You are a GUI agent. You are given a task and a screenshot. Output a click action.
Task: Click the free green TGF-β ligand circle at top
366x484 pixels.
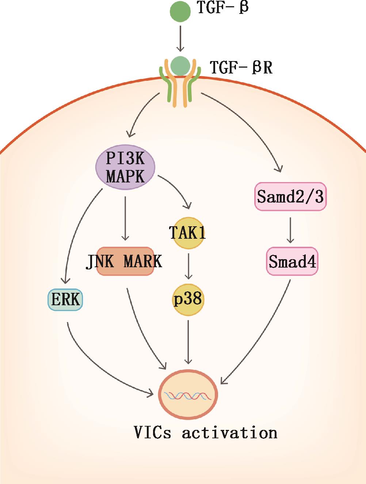click(180, 11)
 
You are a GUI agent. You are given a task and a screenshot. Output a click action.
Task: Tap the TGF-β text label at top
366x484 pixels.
click(223, 8)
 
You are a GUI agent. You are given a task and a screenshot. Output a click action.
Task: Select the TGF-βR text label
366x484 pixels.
click(241, 68)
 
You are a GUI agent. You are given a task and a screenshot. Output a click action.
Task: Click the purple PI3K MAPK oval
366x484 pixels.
click(125, 169)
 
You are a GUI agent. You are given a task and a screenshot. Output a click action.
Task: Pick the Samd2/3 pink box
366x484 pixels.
click(290, 197)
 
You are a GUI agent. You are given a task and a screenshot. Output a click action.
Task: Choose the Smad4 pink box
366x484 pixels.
click(292, 262)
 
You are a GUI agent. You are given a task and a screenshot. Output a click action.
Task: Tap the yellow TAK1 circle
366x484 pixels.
click(188, 233)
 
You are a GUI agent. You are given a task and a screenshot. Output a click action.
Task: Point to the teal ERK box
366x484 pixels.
click(66, 299)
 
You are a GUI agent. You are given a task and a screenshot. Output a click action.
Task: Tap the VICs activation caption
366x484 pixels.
click(206, 433)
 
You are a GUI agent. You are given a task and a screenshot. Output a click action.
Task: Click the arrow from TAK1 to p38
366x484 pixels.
click(188, 266)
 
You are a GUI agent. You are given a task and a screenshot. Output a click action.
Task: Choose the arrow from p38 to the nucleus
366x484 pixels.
click(188, 341)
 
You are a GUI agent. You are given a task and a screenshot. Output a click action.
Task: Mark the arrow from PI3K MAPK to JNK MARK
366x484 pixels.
click(125, 218)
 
